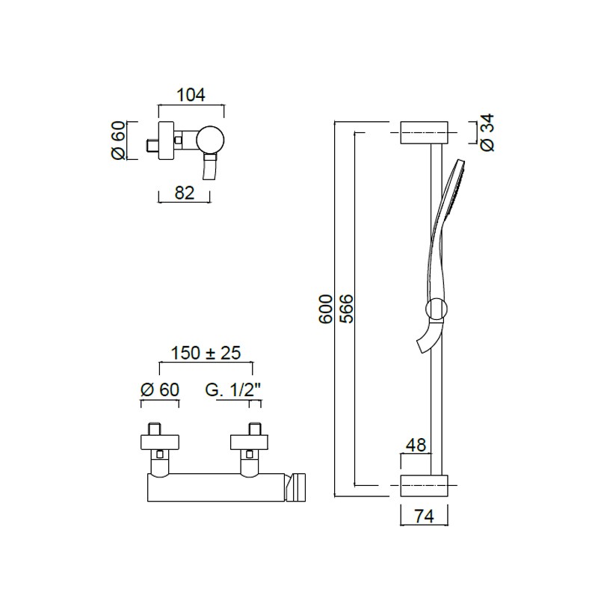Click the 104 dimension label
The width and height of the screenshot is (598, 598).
tap(191, 95)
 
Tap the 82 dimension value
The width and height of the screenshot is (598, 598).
tap(185, 193)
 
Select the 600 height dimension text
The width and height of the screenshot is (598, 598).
tap(325, 309)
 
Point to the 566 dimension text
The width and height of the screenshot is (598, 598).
tap(346, 309)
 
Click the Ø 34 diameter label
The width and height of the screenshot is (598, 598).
tap(487, 132)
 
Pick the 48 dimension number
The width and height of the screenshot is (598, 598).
tap(416, 445)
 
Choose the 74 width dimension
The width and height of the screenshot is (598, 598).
tap(424, 517)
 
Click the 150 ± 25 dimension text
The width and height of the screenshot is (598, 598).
tap(206, 353)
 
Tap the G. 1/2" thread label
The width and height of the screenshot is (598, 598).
tap(232, 389)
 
